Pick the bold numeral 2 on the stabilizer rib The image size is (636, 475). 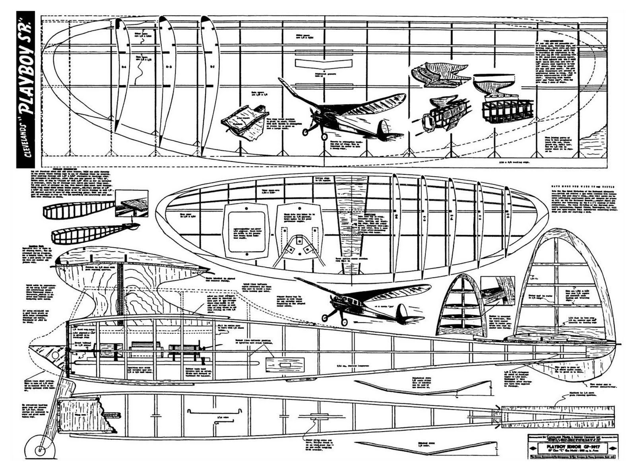(396, 217)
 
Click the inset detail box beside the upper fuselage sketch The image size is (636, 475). (132, 204)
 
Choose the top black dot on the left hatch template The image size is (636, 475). (246, 209)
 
